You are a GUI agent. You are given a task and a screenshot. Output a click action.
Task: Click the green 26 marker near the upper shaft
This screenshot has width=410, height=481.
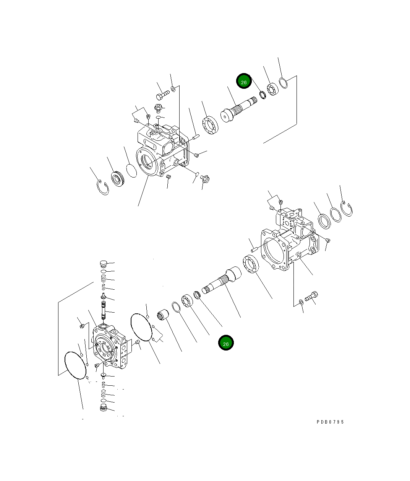coord(244,81)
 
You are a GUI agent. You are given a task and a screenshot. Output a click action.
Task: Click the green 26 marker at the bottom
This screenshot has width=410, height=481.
coord(226,343)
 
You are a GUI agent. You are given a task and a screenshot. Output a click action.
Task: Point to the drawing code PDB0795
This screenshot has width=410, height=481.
coord(330,422)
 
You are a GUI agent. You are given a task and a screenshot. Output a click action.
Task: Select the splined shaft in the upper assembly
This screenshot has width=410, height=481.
coord(237,110)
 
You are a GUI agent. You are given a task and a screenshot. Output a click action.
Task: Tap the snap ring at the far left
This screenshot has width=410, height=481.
coord(102,187)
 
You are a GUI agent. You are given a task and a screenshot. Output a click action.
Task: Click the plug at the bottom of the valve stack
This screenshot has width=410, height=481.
coord(102,408)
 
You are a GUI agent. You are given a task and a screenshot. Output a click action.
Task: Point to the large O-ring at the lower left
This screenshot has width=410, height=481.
coord(76,365)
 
